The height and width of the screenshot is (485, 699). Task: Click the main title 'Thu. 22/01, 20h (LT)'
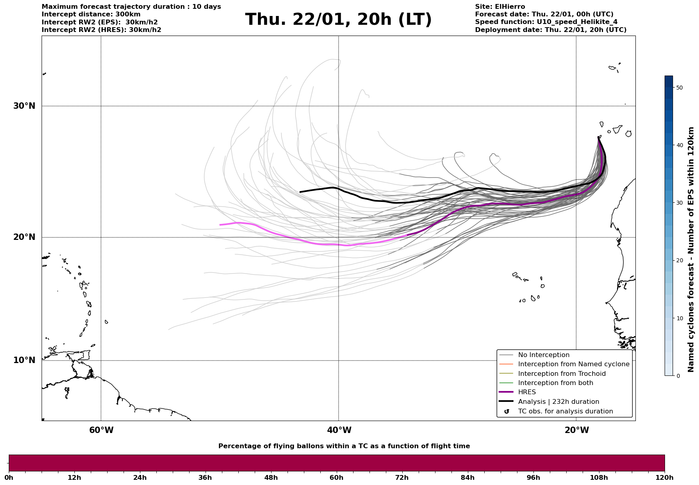338,20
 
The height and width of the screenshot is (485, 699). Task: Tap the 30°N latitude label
24,106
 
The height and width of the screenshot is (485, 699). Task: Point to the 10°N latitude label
24,360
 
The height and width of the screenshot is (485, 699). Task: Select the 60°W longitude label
101,430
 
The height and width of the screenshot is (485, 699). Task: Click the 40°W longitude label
339,430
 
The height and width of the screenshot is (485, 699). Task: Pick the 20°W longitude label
577,430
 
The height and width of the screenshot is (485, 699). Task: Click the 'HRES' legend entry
527,392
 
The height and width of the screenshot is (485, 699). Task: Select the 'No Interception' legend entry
543,355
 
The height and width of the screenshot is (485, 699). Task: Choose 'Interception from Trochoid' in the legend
561,374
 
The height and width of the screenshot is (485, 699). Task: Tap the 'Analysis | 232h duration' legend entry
558,402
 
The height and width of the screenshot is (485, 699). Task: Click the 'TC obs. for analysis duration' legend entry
565,411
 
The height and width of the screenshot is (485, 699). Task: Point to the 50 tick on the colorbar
679,88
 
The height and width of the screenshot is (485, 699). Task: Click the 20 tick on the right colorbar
679,261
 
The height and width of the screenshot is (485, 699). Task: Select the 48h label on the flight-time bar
271,477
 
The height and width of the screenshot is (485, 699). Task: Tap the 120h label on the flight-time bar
665,477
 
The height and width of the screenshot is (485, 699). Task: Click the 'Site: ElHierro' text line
500,7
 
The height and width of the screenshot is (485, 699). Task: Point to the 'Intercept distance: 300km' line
91,14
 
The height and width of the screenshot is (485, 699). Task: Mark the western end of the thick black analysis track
300,192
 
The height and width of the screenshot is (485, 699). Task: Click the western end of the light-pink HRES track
220,225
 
